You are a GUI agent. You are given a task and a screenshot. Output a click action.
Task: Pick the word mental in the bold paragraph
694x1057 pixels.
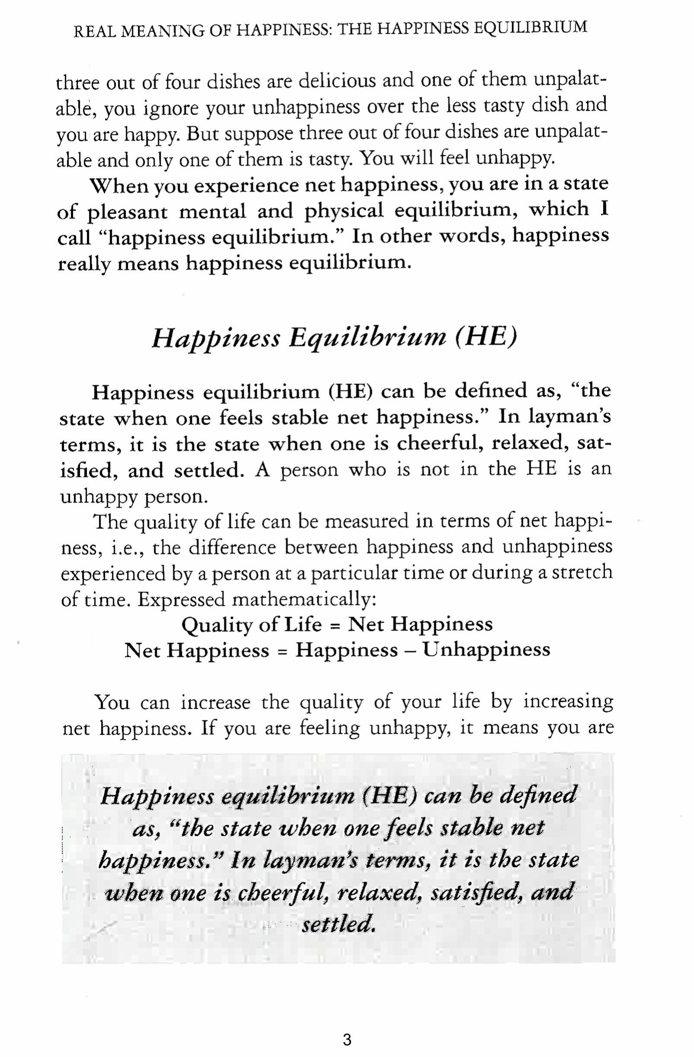[x=212, y=211]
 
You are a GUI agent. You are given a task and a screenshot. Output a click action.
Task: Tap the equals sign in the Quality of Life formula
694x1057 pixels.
[x=335, y=626]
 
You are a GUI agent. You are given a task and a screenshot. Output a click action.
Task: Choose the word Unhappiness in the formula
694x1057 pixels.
[x=486, y=650]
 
